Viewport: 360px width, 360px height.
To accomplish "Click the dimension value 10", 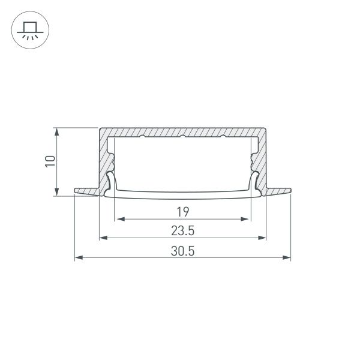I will click(50, 161).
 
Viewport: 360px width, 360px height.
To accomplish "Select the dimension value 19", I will click(183, 211).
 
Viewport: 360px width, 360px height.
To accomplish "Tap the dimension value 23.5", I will click(183, 230).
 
